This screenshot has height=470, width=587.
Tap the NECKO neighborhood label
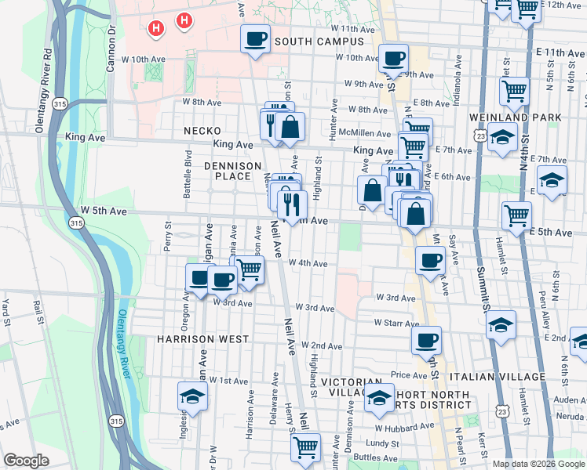(202, 131)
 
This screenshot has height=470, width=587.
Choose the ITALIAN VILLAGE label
(507, 377)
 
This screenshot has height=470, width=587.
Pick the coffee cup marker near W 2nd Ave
(426, 340)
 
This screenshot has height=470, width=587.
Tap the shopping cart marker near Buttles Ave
(305, 447)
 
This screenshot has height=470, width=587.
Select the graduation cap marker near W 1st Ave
(191, 396)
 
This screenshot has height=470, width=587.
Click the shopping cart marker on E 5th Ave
(516, 215)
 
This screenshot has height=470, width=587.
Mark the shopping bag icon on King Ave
(290, 126)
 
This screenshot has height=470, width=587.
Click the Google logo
(27, 461)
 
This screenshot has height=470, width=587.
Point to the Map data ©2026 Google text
(538, 463)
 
